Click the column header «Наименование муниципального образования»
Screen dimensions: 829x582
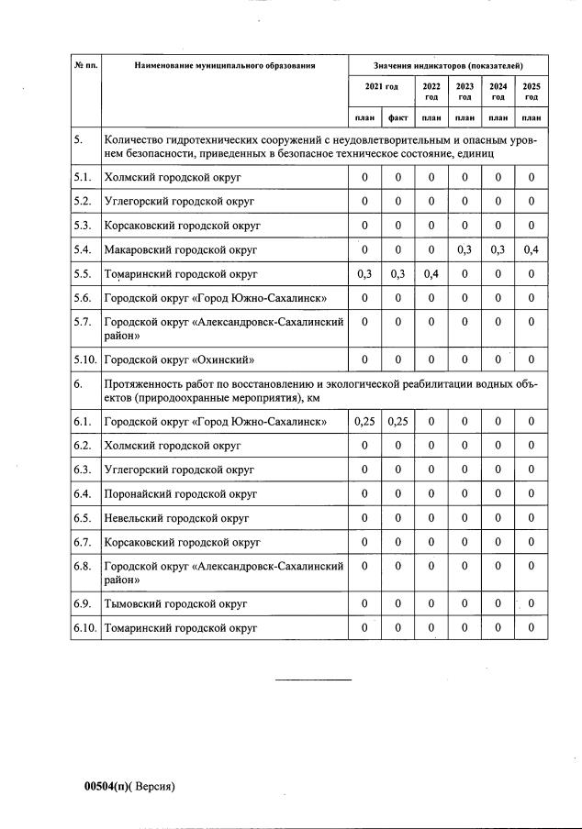(224, 66)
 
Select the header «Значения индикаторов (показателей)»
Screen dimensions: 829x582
(448, 66)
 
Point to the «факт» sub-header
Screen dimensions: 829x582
(398, 117)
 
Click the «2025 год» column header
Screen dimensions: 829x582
(531, 92)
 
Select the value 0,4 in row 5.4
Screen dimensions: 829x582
(531, 249)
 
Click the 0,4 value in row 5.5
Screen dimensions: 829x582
(431, 273)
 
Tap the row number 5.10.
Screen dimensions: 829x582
(85, 359)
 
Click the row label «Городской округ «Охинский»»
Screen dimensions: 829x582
(179, 359)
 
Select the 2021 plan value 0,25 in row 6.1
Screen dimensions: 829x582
(364, 422)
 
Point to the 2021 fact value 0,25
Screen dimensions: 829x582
(398, 422)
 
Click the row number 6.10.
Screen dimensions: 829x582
(85, 628)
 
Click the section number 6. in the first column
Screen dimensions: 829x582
(80, 385)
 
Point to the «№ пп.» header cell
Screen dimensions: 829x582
(85, 66)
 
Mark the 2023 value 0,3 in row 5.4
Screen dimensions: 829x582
(465, 249)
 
